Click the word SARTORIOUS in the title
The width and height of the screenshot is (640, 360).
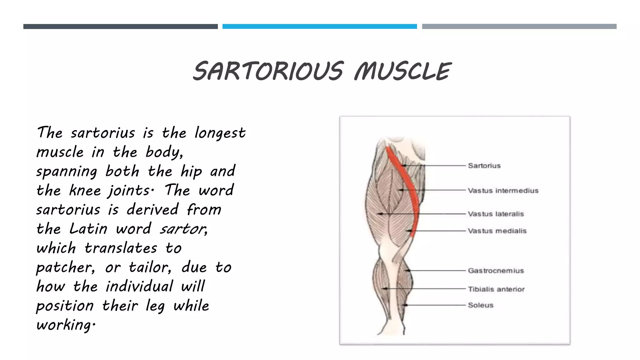[x=268, y=71]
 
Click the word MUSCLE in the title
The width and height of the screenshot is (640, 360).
[x=402, y=71]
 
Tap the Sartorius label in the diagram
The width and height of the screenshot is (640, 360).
[x=484, y=166]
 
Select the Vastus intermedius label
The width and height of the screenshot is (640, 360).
[x=503, y=191]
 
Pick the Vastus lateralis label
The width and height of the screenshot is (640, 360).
[x=496, y=214]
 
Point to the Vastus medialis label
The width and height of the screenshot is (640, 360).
[x=497, y=231]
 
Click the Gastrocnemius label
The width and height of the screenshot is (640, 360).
[x=496, y=271]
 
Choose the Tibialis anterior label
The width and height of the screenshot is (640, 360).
[x=496, y=289]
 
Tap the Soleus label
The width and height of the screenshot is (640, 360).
[x=481, y=305]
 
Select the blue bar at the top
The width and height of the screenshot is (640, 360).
[x=319, y=27]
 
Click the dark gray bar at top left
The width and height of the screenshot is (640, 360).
[x=120, y=27]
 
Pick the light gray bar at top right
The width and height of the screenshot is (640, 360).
[x=519, y=27]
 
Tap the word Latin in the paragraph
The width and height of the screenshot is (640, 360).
[x=88, y=229]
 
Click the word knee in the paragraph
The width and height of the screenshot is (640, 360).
[x=85, y=190]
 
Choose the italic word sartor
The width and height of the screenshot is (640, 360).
[x=183, y=229]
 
